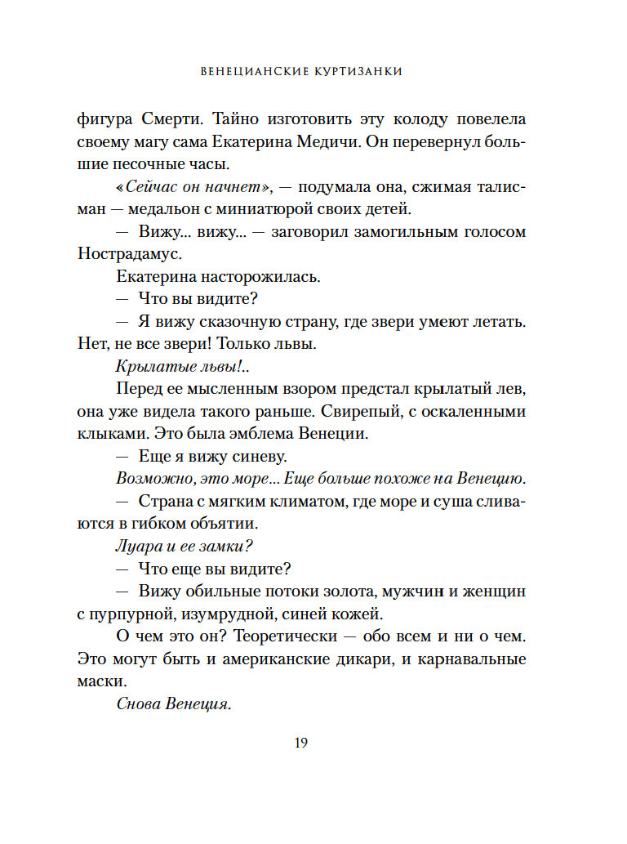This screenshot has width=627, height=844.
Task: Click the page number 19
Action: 300,743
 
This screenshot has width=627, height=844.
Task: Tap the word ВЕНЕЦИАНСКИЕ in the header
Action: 251,71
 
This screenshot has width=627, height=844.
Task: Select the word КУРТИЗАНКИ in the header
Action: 356,71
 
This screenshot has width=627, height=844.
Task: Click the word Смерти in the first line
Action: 167,119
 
